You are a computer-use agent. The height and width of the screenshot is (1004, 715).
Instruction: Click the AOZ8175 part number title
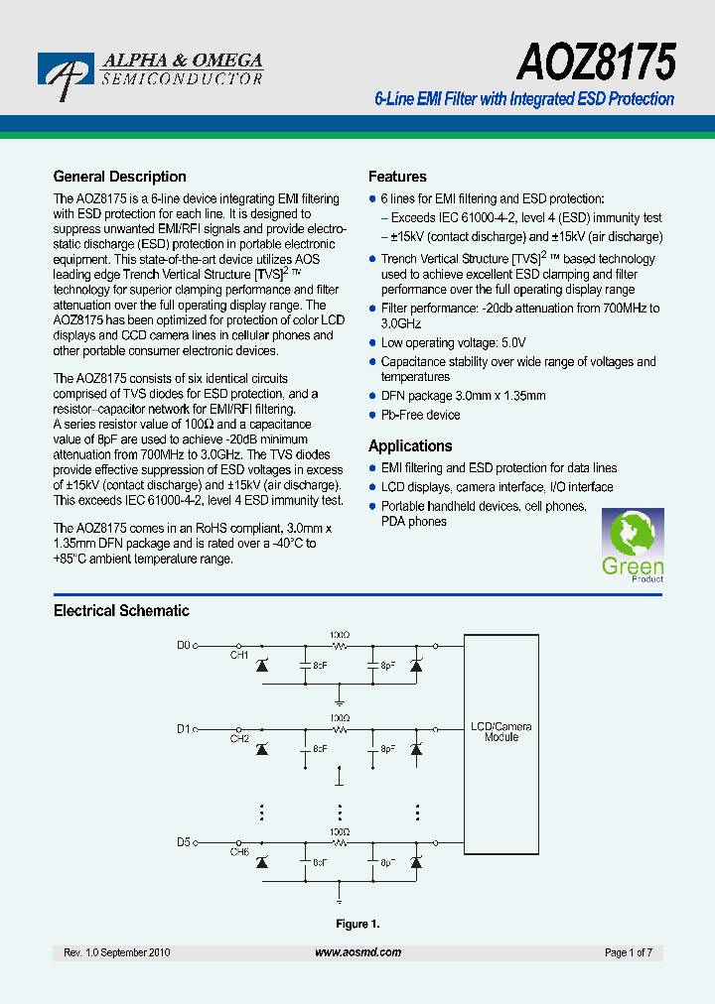[596, 63]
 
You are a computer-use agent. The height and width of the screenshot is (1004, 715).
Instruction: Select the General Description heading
[119, 177]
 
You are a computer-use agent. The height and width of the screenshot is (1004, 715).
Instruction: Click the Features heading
[397, 177]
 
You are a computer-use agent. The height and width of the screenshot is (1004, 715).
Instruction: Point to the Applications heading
[410, 446]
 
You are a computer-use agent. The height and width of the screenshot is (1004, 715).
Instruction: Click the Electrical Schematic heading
[121, 611]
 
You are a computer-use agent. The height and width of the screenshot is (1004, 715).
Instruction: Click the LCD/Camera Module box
[500, 732]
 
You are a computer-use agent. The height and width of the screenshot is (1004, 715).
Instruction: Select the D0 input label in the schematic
[183, 645]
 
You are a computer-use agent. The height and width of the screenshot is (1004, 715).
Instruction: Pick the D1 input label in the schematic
[183, 729]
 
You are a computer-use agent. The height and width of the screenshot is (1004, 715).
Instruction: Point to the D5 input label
[183, 842]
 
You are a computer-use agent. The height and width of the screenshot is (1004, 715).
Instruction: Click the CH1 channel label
[239, 655]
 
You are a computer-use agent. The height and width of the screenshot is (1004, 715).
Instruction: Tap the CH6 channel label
[239, 852]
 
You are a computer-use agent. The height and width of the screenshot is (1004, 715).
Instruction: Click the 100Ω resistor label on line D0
[340, 633]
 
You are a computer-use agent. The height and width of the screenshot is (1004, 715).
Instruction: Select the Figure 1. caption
[357, 924]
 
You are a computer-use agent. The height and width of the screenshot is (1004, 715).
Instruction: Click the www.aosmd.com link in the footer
[357, 952]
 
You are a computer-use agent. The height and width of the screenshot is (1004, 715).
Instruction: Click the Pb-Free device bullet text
[421, 415]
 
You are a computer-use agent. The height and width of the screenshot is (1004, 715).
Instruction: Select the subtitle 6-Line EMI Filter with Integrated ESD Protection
[523, 99]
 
